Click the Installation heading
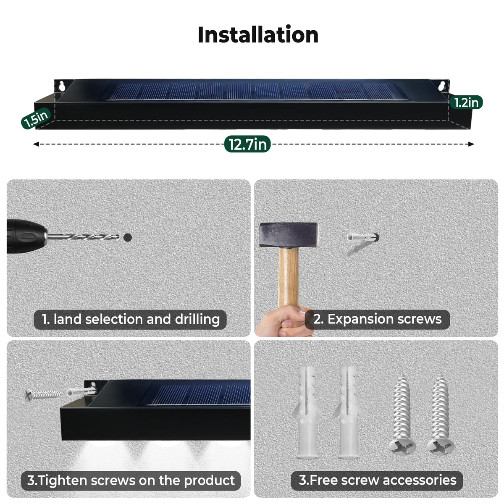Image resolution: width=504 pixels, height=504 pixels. point(258,35)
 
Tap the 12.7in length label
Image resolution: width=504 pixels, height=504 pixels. point(247,144)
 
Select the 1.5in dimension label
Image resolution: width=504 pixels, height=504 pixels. point(36,118)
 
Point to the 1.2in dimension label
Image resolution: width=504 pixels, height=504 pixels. point(466,102)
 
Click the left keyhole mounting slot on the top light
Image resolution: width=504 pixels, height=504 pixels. point(62,86)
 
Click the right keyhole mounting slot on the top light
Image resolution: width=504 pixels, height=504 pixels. point(442,86)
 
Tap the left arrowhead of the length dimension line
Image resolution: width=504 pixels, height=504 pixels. point(36,144)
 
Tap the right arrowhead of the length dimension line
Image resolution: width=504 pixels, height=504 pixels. point(471,144)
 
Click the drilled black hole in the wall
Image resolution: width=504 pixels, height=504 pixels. point(127,237)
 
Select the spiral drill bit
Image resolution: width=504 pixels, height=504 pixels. point(83,237)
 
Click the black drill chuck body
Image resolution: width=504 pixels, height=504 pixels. point(26,236)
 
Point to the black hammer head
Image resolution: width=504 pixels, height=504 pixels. point(288,235)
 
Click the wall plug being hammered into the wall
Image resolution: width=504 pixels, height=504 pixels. point(363,237)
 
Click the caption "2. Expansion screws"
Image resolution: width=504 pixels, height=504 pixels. point(378,319)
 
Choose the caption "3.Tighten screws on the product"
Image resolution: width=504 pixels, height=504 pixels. point(131,480)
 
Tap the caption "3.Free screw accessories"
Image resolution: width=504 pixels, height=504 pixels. point(377,480)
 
